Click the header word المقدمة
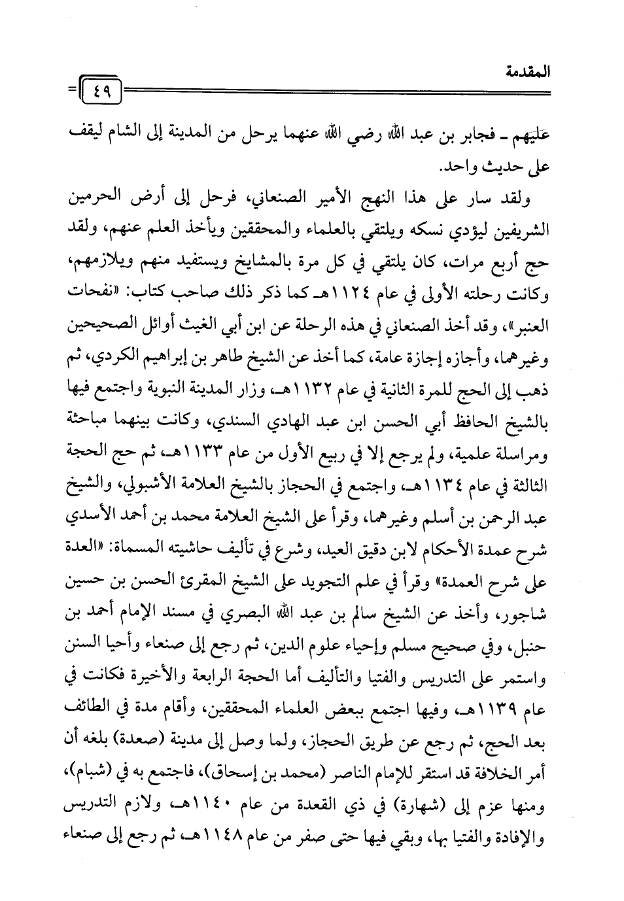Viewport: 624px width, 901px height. click(529, 71)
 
